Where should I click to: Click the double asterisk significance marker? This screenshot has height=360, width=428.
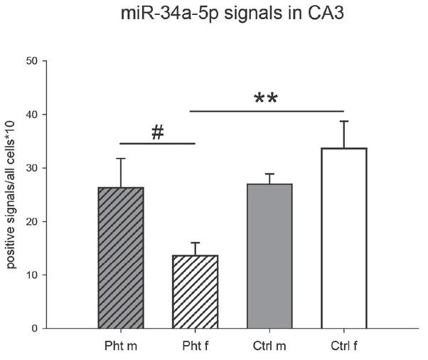[266, 99]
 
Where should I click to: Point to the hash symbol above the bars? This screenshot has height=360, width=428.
[158, 133]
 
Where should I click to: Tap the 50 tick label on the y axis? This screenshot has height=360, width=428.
[31, 61]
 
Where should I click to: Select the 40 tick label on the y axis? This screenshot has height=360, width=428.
[31, 115]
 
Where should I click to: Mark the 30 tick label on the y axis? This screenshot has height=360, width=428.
[31, 168]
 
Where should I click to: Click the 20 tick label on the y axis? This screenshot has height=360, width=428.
[31, 221]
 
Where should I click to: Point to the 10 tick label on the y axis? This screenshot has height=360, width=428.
[31, 275]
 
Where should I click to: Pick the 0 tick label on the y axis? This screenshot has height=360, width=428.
[33, 328]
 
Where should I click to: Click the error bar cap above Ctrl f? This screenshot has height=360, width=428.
[344, 122]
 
